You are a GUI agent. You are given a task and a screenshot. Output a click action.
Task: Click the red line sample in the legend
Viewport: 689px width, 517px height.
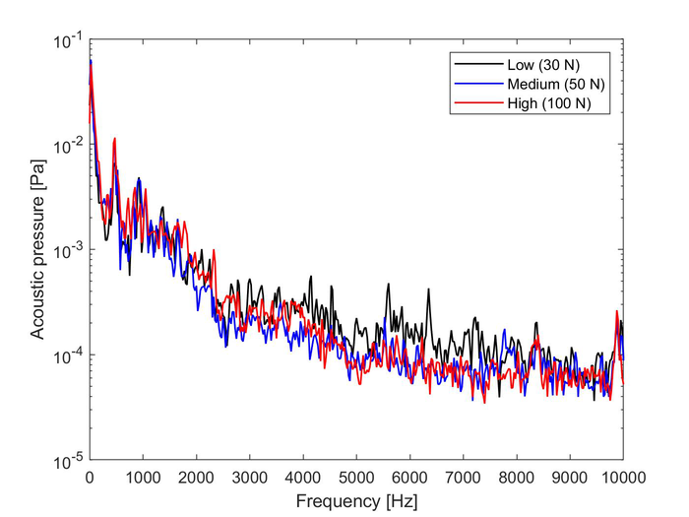(x=474, y=101)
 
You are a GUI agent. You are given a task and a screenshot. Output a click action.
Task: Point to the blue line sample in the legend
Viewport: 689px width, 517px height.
(x=474, y=83)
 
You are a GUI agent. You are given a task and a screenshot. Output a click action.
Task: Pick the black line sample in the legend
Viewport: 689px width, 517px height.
(x=474, y=64)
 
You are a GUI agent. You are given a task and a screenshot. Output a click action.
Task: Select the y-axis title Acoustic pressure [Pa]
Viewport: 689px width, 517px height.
(x=36, y=250)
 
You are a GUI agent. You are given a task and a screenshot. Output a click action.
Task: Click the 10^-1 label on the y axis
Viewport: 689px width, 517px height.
(x=68, y=41)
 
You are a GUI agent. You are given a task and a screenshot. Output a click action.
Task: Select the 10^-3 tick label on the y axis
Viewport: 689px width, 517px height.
(x=68, y=250)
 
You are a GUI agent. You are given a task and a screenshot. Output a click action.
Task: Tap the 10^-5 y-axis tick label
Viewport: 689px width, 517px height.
(x=68, y=460)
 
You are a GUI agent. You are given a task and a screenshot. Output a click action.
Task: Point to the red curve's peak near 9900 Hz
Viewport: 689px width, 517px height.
(x=617, y=312)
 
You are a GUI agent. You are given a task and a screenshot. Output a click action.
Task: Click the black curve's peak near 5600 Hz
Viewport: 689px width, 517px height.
(x=389, y=285)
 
